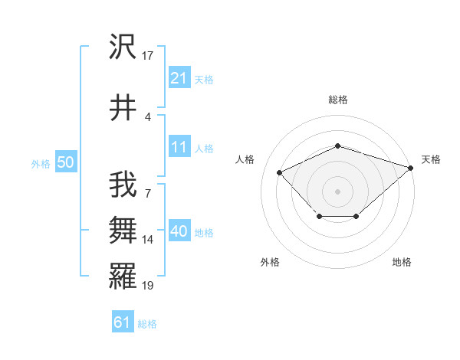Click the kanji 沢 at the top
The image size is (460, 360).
[123, 48]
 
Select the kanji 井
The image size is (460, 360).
[123, 108]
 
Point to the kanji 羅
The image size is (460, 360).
[123, 274]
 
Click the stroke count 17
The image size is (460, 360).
[149, 55]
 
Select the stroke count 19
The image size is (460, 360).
[149, 286]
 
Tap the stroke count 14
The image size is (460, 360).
[149, 240]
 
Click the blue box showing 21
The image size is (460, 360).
[179, 78]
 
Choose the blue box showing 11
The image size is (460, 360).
[179, 147]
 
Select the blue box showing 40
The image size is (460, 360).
[179, 231]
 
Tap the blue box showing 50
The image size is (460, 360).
[65, 162]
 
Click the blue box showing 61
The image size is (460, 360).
[122, 322]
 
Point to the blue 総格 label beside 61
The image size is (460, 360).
[147, 324]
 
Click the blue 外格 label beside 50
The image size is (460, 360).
[41, 163]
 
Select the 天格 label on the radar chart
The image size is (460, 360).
[431, 159]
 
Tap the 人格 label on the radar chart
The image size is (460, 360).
[245, 159]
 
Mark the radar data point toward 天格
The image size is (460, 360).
[411, 168]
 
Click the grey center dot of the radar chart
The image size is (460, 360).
[337, 191]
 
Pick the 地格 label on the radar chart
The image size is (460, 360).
[402, 262]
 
